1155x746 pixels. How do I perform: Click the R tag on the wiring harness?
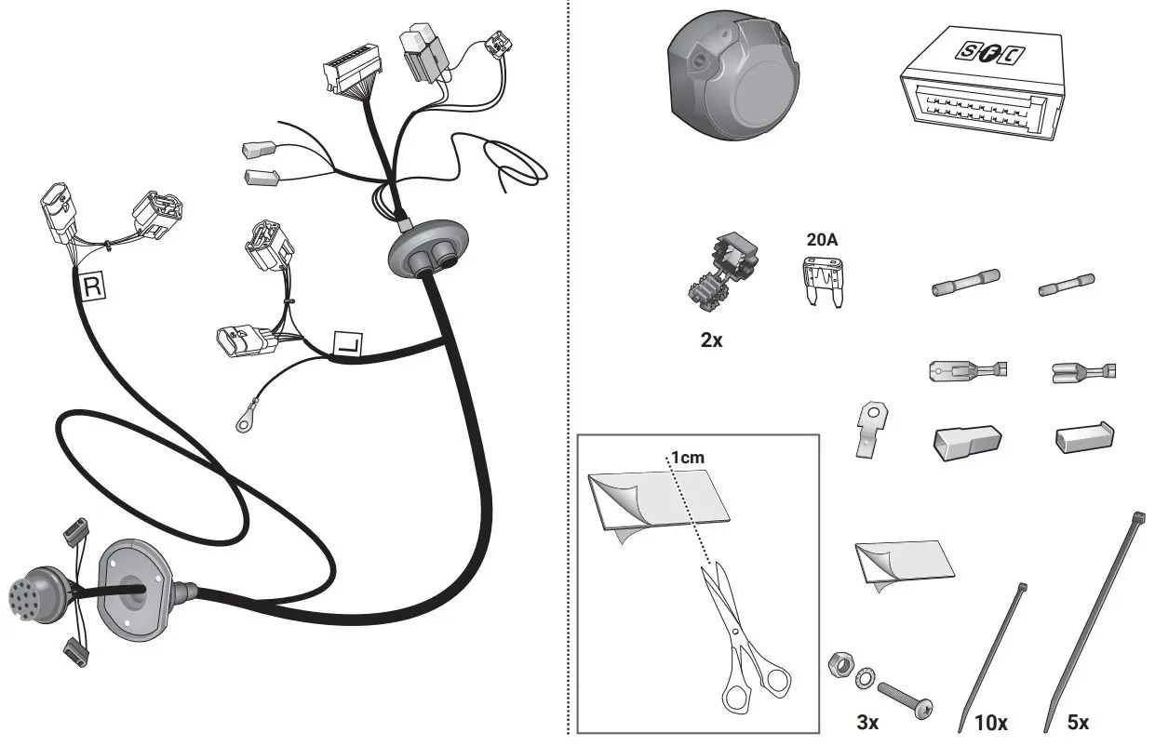tap(93, 287)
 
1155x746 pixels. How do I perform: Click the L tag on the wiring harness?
tap(347, 346)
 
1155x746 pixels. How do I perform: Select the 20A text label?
tap(822, 240)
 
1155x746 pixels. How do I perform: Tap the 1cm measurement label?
tap(687, 458)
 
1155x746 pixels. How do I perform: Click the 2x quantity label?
tap(711, 340)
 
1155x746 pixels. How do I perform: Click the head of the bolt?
tap(925, 709)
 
